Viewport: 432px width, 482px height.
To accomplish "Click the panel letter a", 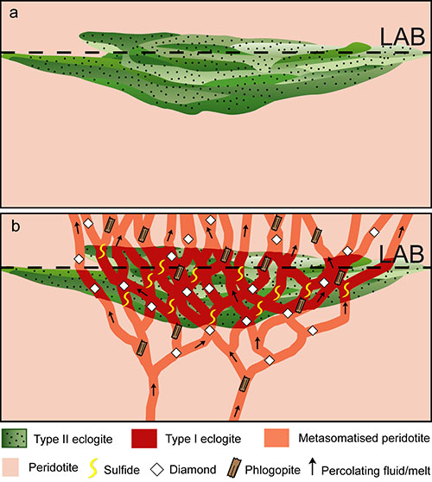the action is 14,14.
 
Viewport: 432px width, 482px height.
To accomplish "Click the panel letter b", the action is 16,226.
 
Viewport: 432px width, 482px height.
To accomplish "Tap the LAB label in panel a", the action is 403,37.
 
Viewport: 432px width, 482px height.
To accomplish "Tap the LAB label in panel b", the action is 401,254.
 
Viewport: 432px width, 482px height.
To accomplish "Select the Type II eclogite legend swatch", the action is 14,438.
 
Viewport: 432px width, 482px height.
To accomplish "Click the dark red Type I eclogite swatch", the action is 144,438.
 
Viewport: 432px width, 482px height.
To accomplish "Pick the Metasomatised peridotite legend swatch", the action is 276,438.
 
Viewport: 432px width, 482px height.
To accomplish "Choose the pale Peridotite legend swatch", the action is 10,467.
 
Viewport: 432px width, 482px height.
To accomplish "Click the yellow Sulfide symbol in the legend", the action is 92,468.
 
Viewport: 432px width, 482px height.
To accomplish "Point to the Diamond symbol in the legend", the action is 157,470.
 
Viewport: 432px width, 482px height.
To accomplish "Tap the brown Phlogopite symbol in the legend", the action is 233,468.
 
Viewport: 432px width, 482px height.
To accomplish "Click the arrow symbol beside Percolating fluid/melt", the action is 313,466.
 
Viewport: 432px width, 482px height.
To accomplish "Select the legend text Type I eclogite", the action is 203,439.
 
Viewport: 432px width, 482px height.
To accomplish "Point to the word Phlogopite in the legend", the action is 273,470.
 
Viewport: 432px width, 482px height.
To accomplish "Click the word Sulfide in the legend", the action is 122,470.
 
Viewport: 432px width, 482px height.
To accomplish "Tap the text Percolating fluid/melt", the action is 376,470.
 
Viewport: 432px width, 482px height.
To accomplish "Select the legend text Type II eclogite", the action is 73,440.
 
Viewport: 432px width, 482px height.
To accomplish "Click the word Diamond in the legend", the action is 193,470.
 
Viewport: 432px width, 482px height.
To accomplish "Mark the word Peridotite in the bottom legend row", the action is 54,467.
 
